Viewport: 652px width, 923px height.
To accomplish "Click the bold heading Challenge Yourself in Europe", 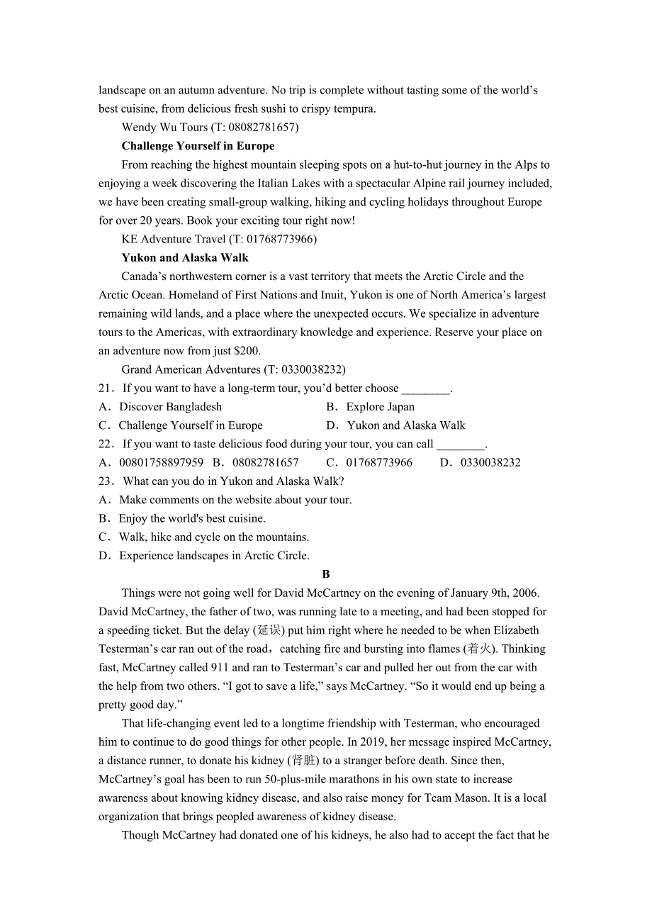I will [x=198, y=146].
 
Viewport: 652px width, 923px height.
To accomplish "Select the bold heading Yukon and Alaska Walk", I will [x=185, y=258].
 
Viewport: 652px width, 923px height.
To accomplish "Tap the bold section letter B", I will [x=326, y=574].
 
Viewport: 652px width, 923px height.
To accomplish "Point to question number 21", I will [x=106, y=388].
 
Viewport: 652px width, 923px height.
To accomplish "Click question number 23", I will [x=106, y=481].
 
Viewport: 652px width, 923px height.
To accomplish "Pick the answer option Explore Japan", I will [x=380, y=407].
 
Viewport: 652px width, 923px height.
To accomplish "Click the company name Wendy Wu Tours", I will [x=164, y=128].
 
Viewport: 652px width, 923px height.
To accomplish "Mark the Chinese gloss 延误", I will [x=269, y=630].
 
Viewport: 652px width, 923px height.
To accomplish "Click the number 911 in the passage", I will [x=220, y=668].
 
